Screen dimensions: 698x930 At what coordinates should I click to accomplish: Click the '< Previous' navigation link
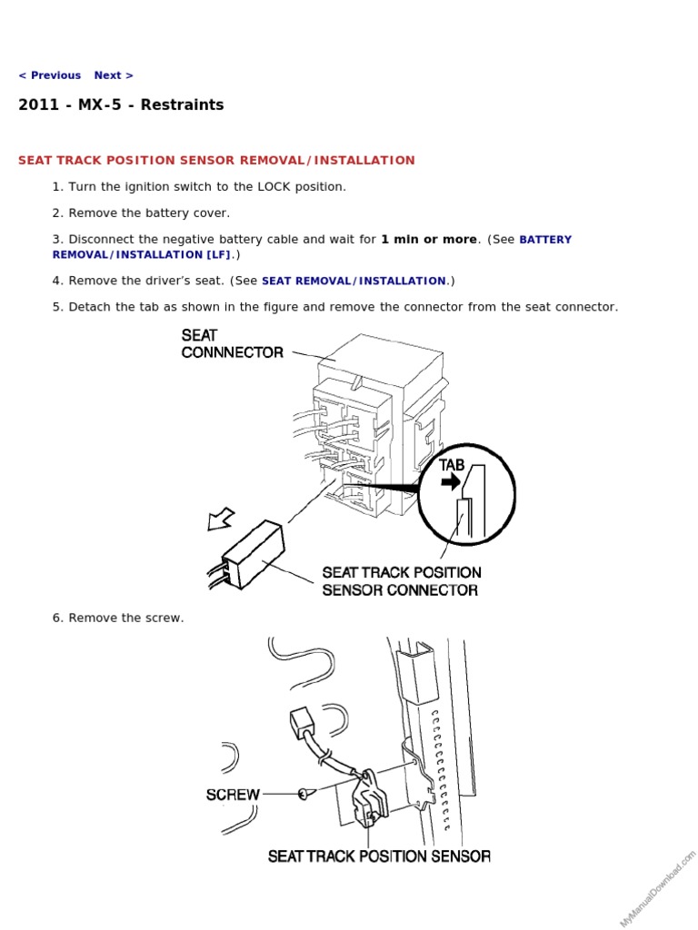tap(49, 75)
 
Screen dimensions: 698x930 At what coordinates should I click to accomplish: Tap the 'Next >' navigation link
tap(114, 75)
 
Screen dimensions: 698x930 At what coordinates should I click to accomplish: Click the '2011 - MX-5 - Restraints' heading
tap(121, 105)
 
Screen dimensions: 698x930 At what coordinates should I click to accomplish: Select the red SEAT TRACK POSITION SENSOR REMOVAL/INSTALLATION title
tap(216, 161)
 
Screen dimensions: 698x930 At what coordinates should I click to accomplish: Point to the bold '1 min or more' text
tap(429, 240)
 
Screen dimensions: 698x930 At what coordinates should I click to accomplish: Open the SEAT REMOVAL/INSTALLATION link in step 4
tap(354, 282)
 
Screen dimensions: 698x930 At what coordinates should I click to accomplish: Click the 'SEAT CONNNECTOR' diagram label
tap(233, 344)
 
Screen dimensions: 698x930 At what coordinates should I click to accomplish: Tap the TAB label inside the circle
tap(452, 464)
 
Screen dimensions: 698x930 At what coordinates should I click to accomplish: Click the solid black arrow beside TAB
tap(451, 483)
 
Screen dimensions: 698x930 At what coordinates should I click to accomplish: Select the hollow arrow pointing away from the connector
tap(220, 519)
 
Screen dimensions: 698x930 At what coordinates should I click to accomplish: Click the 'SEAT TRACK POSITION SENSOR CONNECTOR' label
tap(401, 581)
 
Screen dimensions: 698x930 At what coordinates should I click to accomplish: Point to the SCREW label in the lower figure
tap(233, 795)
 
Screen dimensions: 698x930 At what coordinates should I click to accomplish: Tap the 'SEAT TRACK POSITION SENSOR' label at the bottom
tap(379, 856)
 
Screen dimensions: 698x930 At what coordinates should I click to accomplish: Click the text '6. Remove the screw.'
tap(118, 618)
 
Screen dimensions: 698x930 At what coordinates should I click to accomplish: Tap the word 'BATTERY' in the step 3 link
tap(545, 240)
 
